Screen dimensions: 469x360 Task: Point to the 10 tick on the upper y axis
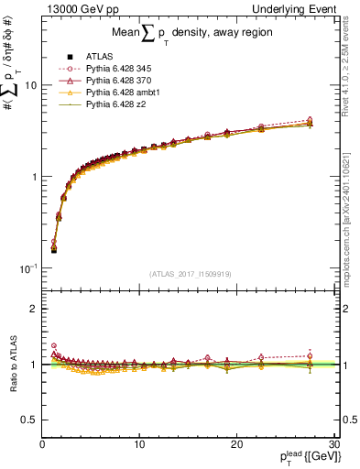point(30,85)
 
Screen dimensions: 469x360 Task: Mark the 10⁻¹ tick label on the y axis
point(28,268)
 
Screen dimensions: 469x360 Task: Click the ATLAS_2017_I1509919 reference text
point(190,273)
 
